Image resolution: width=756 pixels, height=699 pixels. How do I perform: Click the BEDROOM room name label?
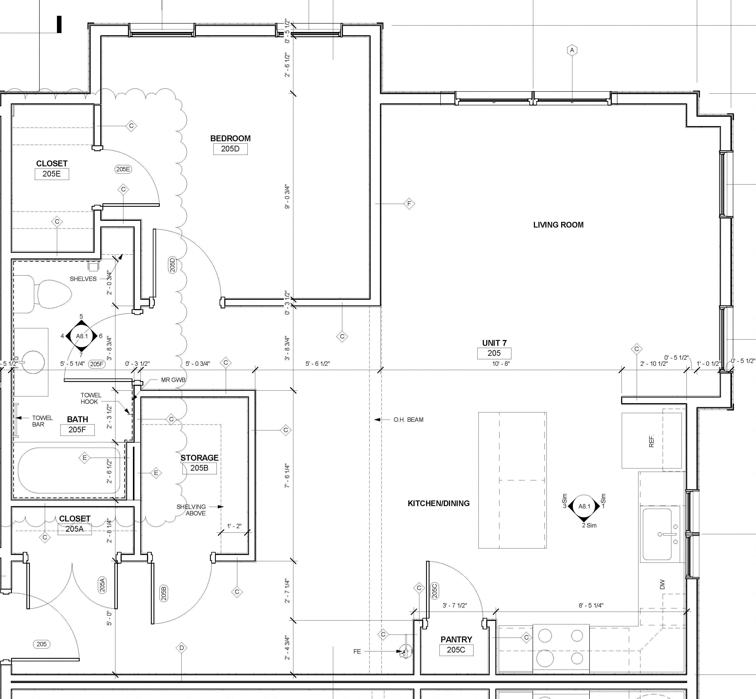(x=230, y=138)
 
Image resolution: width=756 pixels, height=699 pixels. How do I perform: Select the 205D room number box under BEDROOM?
(x=230, y=149)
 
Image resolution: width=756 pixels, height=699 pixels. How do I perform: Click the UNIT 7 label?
(x=494, y=343)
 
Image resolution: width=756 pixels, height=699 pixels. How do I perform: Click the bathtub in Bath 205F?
(x=69, y=471)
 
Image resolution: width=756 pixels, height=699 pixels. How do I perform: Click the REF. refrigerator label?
(x=651, y=441)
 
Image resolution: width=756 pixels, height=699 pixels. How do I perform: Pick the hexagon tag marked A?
(x=572, y=50)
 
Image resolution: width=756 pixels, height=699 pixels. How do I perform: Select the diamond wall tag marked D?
(x=181, y=648)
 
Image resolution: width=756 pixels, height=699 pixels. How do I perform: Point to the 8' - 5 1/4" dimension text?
(x=591, y=605)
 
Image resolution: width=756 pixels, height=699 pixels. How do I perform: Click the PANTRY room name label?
(x=456, y=639)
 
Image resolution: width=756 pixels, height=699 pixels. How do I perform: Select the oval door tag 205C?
(x=434, y=590)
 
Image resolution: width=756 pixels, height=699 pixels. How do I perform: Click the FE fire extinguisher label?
(x=357, y=651)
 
